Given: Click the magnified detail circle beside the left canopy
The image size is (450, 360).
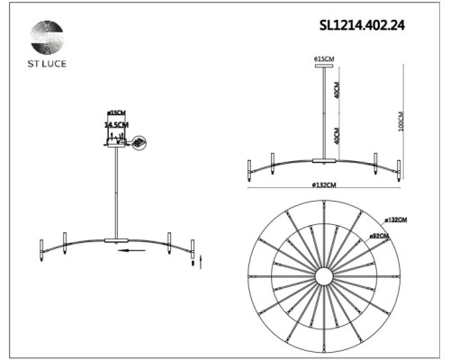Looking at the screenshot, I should (139, 142).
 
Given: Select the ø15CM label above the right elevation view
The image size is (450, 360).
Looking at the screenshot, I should (324, 59).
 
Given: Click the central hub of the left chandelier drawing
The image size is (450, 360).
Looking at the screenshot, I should (116, 240).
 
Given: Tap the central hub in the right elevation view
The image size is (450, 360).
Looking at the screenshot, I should (323, 161).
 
